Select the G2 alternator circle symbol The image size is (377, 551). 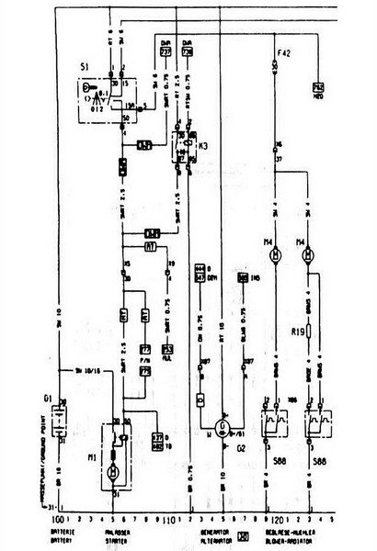(x=221, y=427)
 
